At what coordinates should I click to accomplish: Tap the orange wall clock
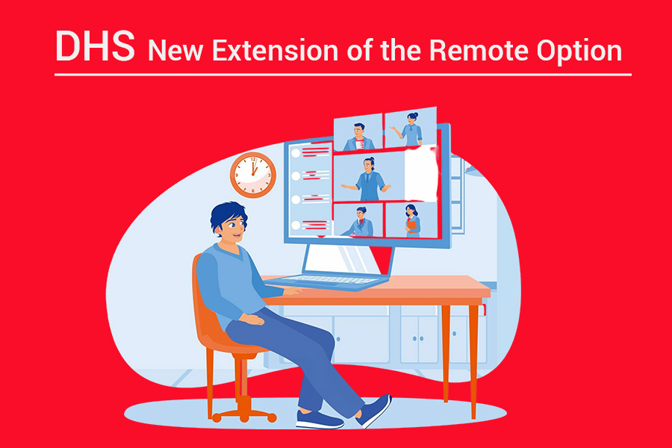(x=253, y=174)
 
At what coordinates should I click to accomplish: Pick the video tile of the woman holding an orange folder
(x=411, y=220)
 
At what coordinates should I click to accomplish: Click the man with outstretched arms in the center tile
(x=369, y=178)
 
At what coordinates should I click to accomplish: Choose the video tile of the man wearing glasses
(x=359, y=134)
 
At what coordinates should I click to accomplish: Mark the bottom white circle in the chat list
(x=295, y=224)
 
